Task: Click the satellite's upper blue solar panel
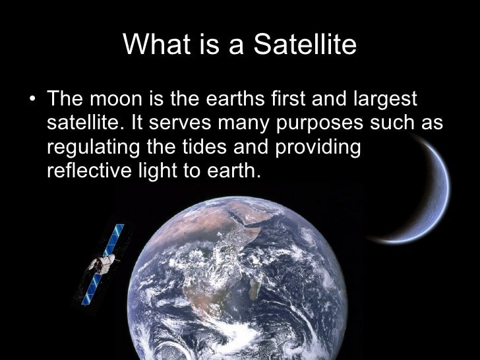119,237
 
